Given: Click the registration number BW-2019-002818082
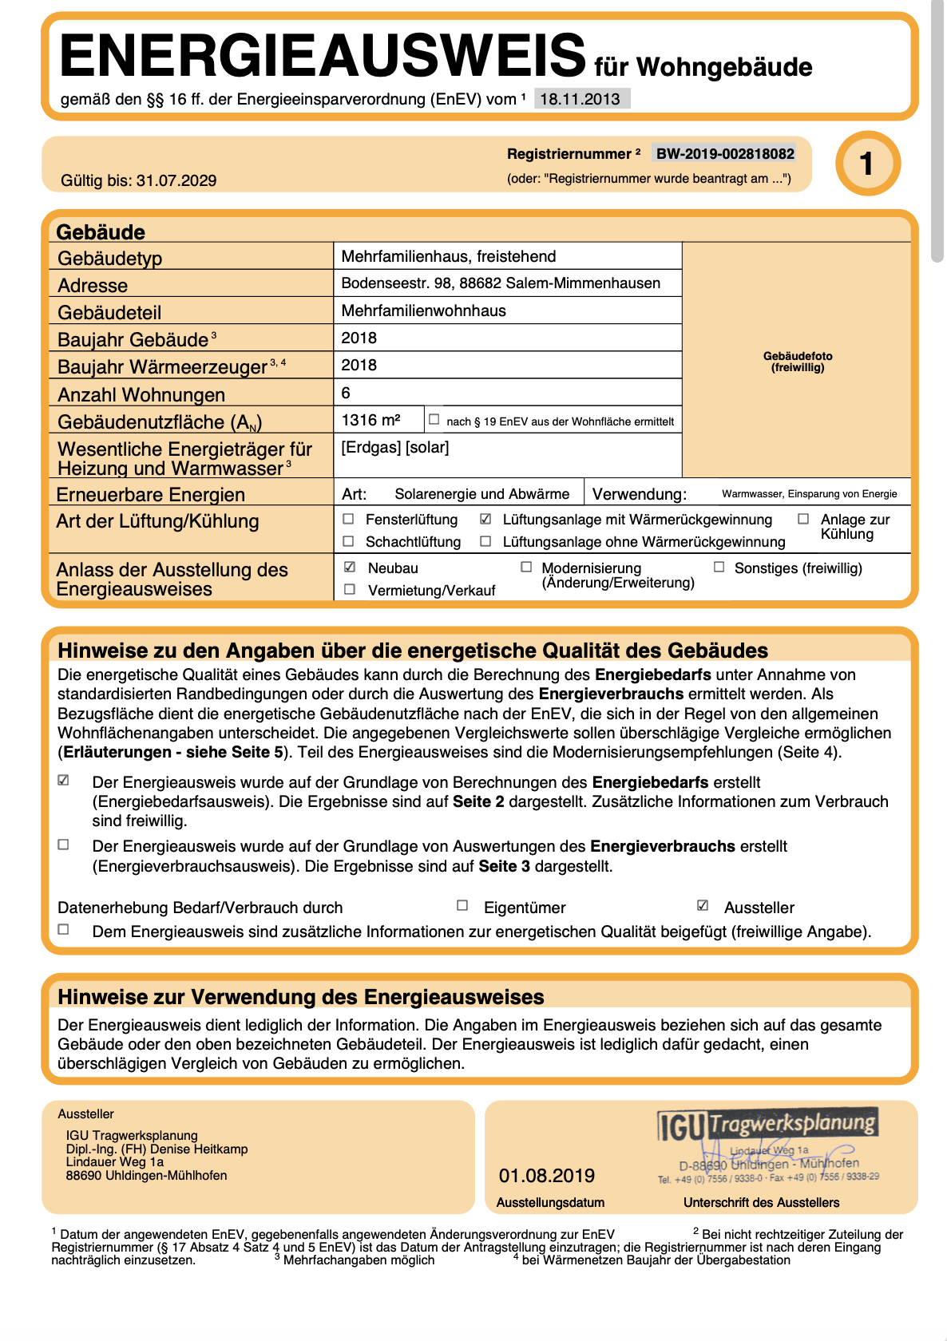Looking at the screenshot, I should [725, 154].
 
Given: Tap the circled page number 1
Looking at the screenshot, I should [867, 164].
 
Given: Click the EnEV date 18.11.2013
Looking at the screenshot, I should [580, 99].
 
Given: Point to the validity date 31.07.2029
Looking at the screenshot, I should [176, 180].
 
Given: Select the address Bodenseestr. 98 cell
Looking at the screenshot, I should [501, 283].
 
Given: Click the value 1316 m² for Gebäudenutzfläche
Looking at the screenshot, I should [370, 420].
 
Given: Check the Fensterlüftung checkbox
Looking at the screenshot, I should [349, 519].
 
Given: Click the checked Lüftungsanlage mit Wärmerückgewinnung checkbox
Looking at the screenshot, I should [485, 519].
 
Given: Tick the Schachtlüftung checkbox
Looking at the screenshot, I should [349, 541].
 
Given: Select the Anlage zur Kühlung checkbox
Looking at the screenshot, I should [803, 519].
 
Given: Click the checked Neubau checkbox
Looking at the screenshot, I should [350, 567].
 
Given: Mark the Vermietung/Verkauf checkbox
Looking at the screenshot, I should [350, 589].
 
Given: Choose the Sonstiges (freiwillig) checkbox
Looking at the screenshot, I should [719, 567].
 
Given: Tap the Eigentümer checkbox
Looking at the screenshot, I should [462, 905].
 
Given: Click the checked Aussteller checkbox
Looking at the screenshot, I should [703, 905].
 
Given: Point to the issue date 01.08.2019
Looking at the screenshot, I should [547, 1176].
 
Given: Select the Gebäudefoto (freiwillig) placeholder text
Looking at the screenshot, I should [798, 362].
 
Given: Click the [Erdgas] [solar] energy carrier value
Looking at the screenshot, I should [395, 448].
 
